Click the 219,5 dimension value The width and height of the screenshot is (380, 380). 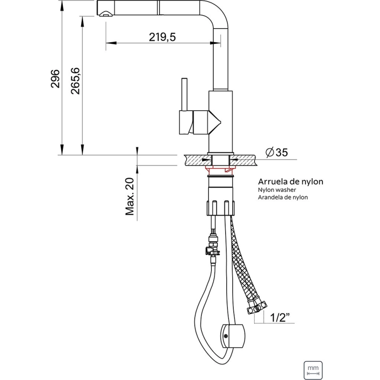tap(162, 37)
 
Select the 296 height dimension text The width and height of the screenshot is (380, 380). tap(55, 78)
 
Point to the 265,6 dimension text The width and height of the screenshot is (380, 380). tap(76, 81)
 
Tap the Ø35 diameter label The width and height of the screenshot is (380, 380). tap(276, 152)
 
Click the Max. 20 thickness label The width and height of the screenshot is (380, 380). tap(130, 197)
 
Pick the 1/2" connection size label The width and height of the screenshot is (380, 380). tap(280, 317)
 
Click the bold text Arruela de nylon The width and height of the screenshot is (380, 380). tap(290, 181)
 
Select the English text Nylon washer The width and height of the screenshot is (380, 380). tap(277, 190)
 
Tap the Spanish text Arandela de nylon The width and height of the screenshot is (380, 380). tap(283, 197)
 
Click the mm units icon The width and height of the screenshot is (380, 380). tap(313, 370)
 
